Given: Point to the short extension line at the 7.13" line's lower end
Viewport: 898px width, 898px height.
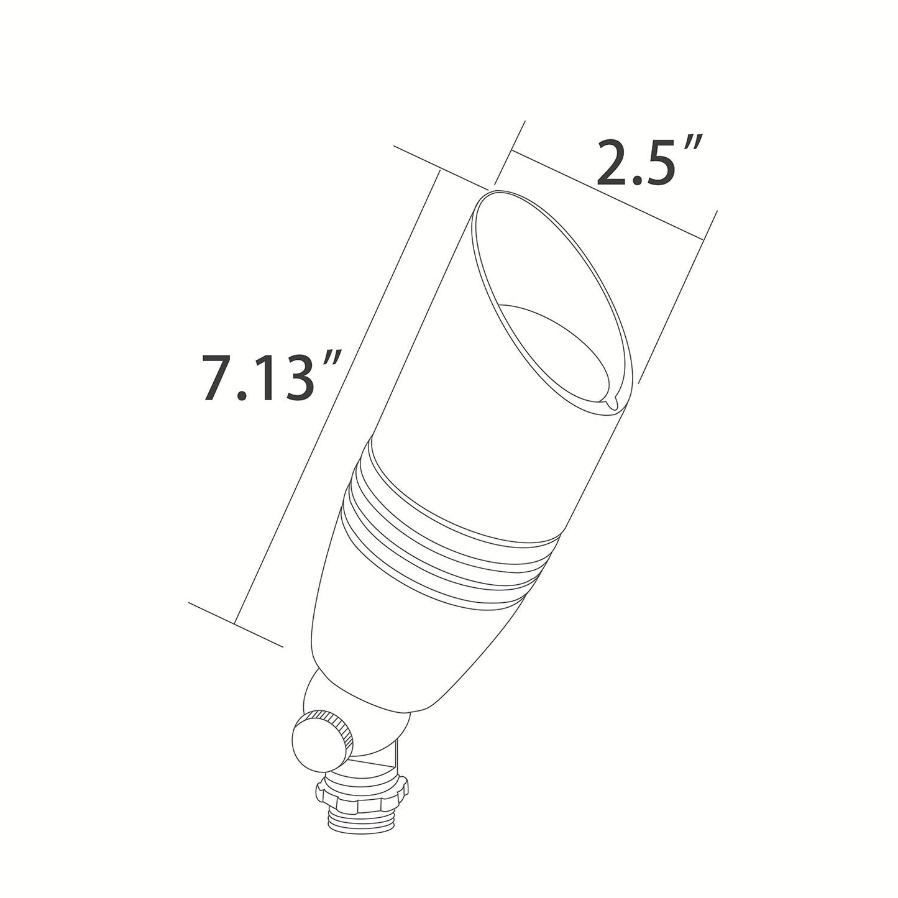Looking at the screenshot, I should click(236, 624).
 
